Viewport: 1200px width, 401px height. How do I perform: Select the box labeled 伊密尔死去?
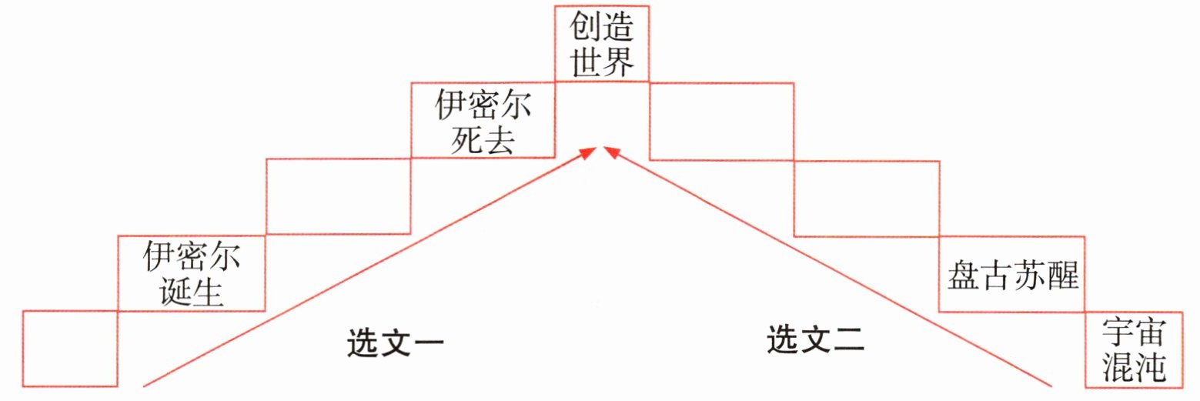pos(483,120)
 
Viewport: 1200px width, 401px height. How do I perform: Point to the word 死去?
pos(483,140)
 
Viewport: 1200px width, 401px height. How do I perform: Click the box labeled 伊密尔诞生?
pos(192,273)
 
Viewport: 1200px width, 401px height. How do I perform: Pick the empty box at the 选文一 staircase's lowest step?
pos(70,348)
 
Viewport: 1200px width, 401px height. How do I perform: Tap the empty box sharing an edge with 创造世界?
pos(721,120)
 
